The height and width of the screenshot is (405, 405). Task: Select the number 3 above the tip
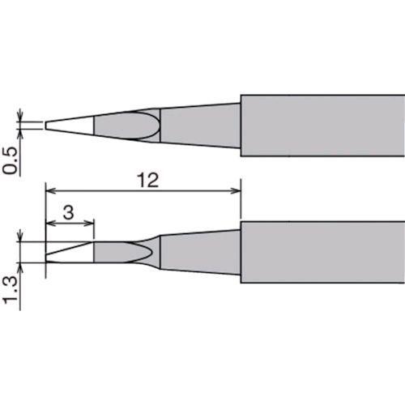click(x=70, y=212)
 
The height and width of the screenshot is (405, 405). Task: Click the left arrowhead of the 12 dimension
click(x=49, y=191)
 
